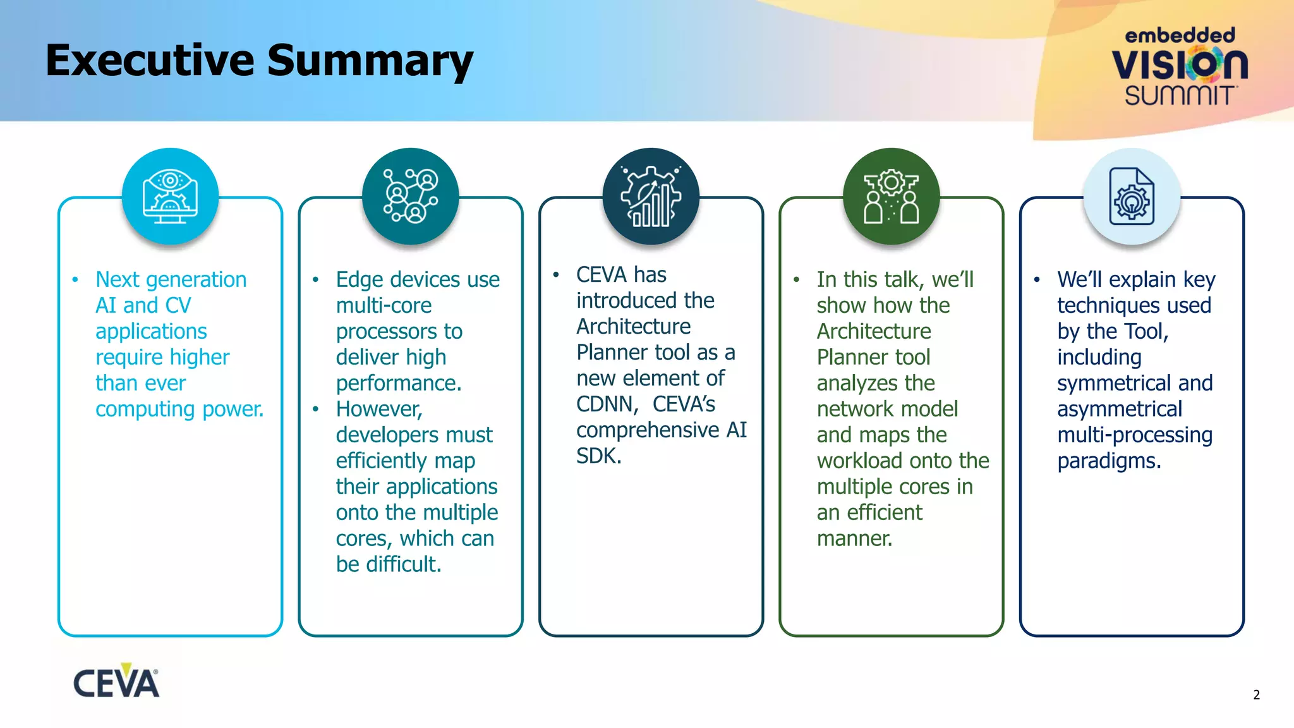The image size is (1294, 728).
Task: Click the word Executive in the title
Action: [x=150, y=61]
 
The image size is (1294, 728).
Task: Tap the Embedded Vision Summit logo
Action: [x=1180, y=66]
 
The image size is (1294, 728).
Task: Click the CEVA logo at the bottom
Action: [x=116, y=682]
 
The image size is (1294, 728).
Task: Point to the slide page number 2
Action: [x=1256, y=695]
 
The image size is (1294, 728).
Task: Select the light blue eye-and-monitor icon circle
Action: [x=170, y=197]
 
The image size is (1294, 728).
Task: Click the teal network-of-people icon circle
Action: [x=411, y=197]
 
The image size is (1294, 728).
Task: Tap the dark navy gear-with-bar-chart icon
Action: [x=651, y=197]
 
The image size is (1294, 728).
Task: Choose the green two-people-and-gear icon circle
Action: [x=891, y=197]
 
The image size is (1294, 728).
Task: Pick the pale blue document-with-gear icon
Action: [x=1132, y=197]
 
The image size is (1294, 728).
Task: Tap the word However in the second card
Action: [x=378, y=409]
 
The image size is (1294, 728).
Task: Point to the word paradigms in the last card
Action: [x=1108, y=461]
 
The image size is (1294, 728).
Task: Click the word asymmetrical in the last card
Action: [x=1119, y=409]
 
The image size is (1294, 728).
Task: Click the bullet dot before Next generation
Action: [x=75, y=280]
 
